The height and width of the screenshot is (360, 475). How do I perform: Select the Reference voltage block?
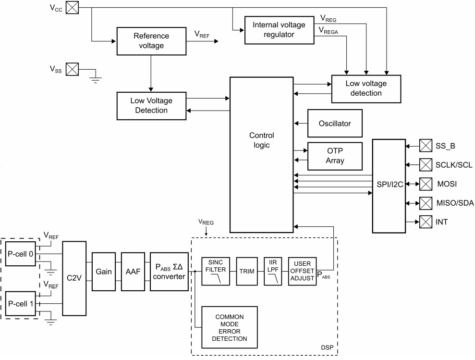coord(151,41)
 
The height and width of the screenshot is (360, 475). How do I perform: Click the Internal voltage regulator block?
coord(273,29)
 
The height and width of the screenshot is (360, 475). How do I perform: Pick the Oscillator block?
coord(334,124)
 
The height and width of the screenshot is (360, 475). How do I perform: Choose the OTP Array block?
coord(334,156)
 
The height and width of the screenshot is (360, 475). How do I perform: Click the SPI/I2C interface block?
coord(389,185)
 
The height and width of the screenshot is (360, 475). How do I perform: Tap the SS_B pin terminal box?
coord(426,146)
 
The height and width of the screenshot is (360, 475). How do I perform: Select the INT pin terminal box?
coord(426,222)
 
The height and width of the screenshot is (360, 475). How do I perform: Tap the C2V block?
coord(74,278)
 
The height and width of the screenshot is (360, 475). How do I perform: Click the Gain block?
coord(104,272)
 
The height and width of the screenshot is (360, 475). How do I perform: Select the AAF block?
coord(133,272)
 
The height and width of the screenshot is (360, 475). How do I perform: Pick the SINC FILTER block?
coord(216,271)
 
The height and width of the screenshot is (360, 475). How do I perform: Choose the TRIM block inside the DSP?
coord(247,272)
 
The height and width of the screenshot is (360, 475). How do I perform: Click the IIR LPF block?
coord(272,271)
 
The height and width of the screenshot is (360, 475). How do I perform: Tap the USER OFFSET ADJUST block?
coord(302,271)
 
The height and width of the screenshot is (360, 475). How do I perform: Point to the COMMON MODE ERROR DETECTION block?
coord(230,328)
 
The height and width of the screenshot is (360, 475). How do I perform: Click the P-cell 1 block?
coord(20,303)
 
